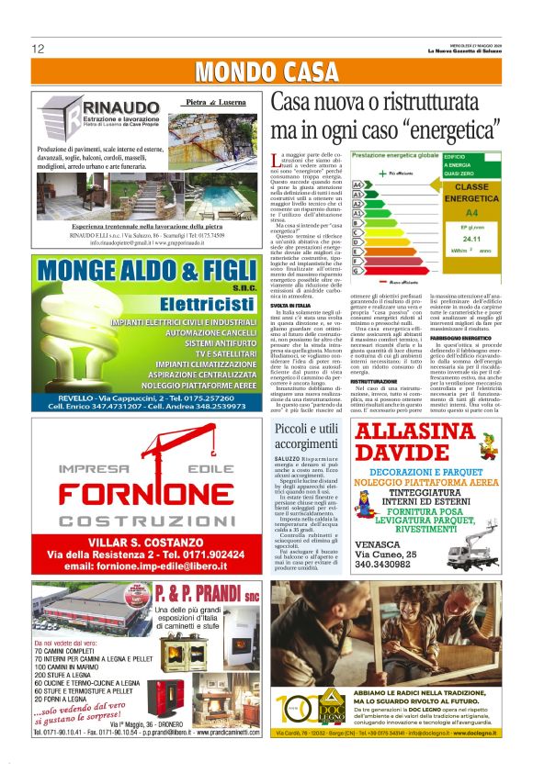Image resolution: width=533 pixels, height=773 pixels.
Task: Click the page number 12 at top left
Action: [x=38, y=48]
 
